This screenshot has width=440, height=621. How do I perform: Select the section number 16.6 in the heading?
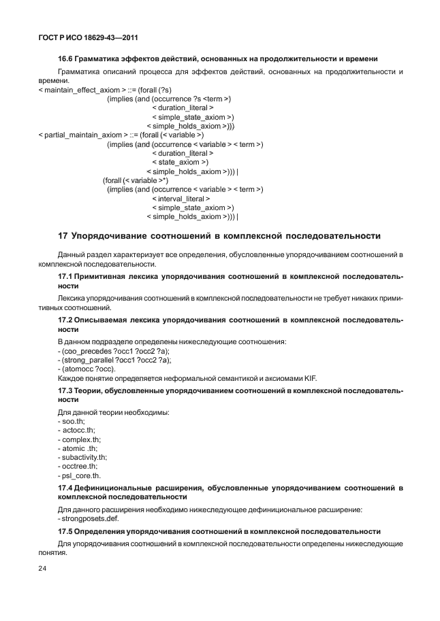click(67, 60)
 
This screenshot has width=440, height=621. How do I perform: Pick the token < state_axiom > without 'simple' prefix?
click(180, 163)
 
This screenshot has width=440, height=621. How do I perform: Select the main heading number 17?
click(63, 236)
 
